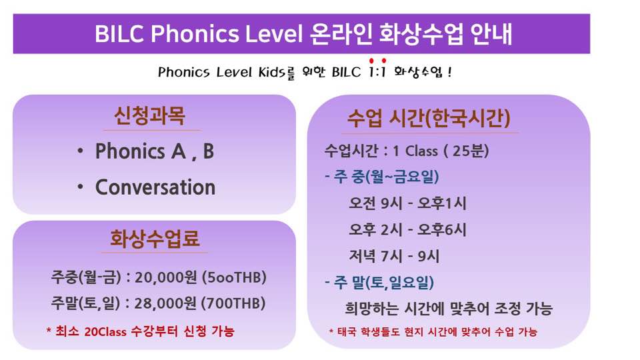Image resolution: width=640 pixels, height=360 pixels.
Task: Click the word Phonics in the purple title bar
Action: click(195, 34)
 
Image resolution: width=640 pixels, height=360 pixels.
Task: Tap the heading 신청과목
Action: click(150, 116)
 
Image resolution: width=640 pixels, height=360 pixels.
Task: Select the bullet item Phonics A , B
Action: click(154, 151)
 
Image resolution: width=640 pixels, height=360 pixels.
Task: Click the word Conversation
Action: click(155, 187)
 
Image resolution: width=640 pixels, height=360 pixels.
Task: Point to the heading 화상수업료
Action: click(155, 239)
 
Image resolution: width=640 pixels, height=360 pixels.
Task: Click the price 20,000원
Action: click(166, 277)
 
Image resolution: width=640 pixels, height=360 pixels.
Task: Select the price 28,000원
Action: click(165, 303)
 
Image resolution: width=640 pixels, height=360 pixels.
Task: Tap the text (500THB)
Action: click(234, 277)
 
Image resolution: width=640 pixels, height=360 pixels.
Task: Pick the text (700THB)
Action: click(234, 303)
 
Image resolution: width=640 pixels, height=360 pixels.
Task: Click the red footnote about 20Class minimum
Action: click(141, 331)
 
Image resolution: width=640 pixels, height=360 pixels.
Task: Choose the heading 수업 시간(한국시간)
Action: click(429, 119)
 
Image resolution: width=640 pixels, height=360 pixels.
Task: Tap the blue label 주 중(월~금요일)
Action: click(382, 177)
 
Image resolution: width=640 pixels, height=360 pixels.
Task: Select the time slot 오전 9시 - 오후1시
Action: click(407, 203)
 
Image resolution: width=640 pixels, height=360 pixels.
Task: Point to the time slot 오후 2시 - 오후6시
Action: click(407, 229)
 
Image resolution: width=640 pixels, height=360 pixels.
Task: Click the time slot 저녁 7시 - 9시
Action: click(394, 256)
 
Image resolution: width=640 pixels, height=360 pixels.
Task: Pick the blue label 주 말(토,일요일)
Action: click(379, 283)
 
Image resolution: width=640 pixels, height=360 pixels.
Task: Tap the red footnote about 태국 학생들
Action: click(433, 331)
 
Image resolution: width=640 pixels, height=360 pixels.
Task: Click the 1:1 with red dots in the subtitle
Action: click(377, 69)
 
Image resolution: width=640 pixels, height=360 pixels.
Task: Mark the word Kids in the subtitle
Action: click(271, 72)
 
